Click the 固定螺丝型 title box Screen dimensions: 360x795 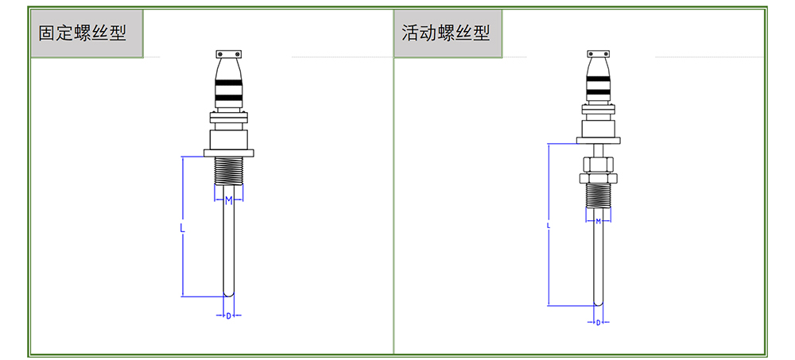click(86, 33)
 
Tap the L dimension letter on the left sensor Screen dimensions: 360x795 click(182, 227)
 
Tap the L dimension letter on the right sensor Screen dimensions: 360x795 click(549, 225)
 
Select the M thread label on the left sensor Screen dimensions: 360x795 click(228, 200)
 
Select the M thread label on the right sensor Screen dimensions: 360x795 click(598, 221)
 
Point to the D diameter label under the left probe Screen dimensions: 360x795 click(228, 315)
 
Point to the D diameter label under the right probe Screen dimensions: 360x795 click(598, 322)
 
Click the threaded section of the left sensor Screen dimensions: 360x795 click(228, 170)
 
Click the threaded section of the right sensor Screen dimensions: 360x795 click(598, 195)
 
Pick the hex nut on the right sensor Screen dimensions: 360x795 click(598, 165)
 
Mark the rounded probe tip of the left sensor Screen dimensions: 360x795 click(228, 292)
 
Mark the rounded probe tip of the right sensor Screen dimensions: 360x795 click(598, 300)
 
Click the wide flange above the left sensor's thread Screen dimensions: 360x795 click(228, 152)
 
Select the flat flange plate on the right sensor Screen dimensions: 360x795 click(598, 141)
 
